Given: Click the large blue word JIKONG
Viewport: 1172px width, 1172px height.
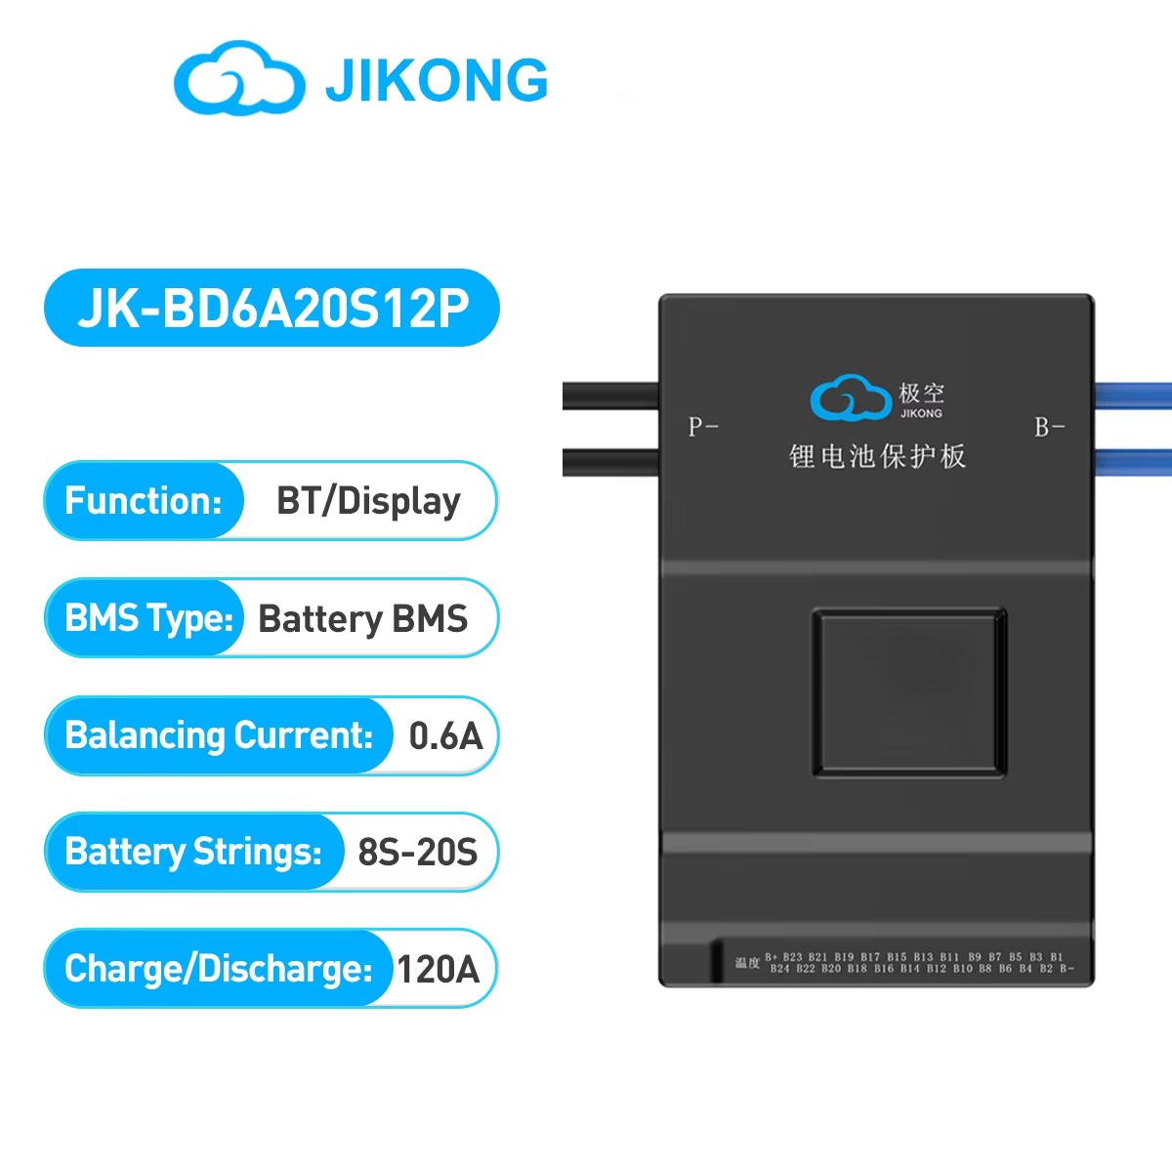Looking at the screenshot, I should (x=437, y=80).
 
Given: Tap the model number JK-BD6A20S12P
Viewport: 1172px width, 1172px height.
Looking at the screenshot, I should (x=272, y=309).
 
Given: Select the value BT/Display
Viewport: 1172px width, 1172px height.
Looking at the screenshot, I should (x=368, y=501).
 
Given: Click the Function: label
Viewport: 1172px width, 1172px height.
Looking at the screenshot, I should (x=144, y=501).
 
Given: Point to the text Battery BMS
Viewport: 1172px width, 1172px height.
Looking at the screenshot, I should (x=362, y=619).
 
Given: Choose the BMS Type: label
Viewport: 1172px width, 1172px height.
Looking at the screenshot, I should (x=148, y=618).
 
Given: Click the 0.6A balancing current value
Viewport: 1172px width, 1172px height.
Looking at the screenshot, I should (x=445, y=736).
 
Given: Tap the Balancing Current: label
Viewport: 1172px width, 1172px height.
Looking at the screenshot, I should (x=219, y=735).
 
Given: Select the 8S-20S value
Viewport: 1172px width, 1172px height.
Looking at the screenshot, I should (x=417, y=853).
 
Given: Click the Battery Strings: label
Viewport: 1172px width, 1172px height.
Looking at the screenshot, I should (x=193, y=852).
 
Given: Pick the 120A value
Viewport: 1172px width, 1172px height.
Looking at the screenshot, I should (x=438, y=970).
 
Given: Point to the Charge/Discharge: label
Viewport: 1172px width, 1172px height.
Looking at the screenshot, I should (x=218, y=969).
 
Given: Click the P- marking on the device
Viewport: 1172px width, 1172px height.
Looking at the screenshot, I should (x=702, y=427).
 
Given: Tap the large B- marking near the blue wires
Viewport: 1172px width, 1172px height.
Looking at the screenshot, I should (x=1049, y=427).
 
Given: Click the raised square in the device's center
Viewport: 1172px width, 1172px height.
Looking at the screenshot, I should (x=908, y=692).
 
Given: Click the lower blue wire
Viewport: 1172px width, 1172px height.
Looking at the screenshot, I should (x=1133, y=461).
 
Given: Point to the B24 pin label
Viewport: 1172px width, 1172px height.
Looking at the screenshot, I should (x=779, y=969).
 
